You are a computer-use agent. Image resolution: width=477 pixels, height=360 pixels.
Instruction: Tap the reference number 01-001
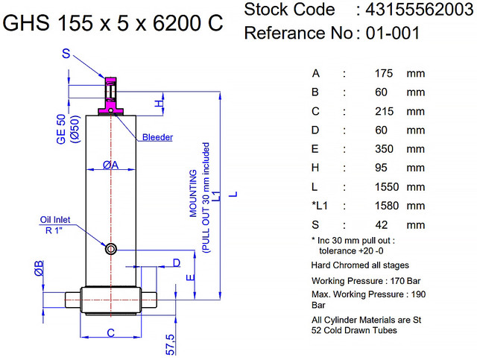388,33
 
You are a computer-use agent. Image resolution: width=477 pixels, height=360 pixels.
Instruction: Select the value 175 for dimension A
382,73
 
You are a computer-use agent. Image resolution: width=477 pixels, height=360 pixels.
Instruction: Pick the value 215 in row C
382,111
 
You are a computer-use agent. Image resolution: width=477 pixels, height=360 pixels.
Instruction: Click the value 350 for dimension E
382,149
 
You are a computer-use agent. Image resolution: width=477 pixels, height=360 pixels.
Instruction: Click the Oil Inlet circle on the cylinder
110,248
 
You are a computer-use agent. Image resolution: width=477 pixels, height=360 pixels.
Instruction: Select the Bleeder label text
157,137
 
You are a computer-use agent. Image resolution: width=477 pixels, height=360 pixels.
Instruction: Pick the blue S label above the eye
66,54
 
